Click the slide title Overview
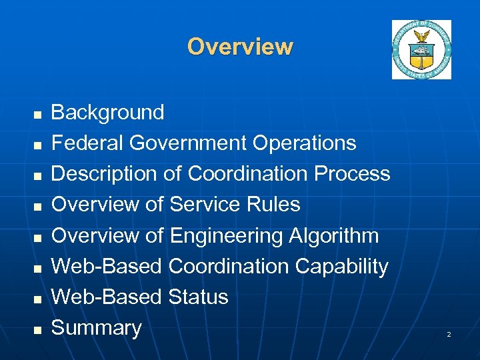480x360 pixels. [240, 47]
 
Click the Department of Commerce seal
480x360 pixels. [421, 50]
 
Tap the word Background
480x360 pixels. [107, 112]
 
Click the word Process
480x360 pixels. [353, 173]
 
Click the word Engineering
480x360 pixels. [227, 235]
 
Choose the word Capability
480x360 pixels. [341, 266]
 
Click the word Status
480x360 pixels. [199, 297]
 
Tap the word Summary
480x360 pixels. [97, 327]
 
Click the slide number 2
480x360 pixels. [449, 333]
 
